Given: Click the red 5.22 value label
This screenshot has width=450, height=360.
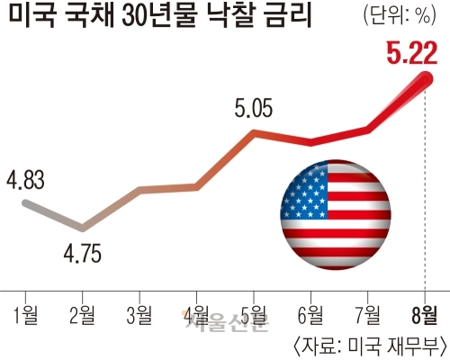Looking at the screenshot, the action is [412, 53].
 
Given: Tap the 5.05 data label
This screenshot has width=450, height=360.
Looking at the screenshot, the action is [254, 108].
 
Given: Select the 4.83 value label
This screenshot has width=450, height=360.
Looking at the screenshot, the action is [25, 180].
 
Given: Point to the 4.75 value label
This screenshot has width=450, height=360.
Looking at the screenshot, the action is [83, 254].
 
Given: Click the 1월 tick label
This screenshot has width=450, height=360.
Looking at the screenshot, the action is [26, 315].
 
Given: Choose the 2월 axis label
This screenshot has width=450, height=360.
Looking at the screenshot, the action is [82, 315].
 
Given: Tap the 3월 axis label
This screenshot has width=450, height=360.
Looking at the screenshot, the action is [139, 315].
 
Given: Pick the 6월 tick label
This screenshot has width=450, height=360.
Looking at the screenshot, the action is [310, 315].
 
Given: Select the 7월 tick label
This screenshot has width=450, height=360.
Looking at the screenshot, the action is [368, 315].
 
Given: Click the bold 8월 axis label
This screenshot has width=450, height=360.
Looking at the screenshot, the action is [425, 315].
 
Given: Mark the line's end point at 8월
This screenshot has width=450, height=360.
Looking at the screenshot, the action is [426, 79].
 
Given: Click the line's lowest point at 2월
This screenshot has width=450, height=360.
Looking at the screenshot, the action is [82, 228].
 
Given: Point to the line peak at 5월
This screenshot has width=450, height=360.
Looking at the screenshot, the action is [254, 134].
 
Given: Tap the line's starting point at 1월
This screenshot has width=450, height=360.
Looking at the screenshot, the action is [26, 203].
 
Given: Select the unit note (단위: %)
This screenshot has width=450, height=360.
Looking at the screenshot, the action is [400, 15].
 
